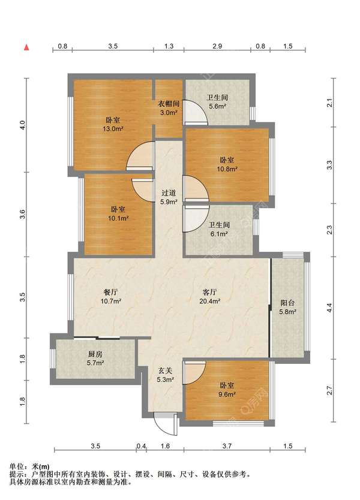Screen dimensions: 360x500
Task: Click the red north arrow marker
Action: tap(27, 47)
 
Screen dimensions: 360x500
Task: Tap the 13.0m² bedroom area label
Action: tap(113, 125)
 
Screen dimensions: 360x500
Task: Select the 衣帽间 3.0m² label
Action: tap(169, 108)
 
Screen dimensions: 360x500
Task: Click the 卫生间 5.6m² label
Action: tap(217, 102)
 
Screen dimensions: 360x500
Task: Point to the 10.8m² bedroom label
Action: tap(227, 164)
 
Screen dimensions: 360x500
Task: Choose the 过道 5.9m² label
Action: tap(169, 197)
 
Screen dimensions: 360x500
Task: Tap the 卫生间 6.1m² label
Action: tap(219, 229)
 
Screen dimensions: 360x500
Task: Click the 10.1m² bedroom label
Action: tap(118, 214)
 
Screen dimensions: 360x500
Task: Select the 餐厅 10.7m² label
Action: tap(111, 296)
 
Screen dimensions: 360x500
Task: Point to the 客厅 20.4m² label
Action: tap(209, 296)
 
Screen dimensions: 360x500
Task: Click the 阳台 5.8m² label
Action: tap(287, 307)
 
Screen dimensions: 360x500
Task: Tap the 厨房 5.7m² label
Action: tap(95, 358)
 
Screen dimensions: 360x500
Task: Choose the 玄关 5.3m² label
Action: tap(166, 375)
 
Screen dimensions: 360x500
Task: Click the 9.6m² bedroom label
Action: tap(227, 390)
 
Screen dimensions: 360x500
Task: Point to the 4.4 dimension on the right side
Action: tap(329, 308)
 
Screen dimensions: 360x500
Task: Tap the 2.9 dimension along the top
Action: tap(217, 46)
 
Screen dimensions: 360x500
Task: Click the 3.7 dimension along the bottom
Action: tap(227, 446)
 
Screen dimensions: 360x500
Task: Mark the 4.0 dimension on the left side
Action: tap(22, 125)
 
